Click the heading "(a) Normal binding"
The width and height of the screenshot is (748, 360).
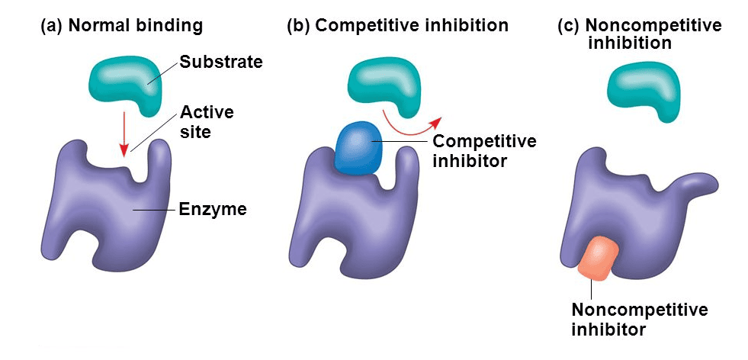(x=121, y=25)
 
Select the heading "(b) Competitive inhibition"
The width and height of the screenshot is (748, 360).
(x=397, y=25)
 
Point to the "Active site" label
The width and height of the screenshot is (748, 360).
(x=207, y=122)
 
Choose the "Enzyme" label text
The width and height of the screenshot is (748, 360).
(x=212, y=208)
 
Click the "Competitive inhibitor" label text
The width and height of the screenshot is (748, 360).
(x=484, y=151)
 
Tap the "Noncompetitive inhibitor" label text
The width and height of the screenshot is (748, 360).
(x=639, y=320)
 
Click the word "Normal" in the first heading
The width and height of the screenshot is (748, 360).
(x=100, y=25)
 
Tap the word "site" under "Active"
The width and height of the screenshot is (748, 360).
(x=194, y=131)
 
